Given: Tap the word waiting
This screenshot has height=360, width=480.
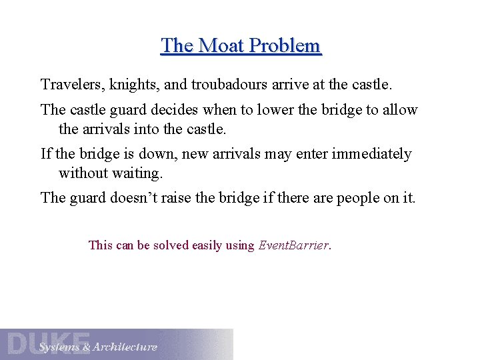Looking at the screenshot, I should (139, 173).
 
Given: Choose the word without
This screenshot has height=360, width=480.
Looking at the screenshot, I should (83, 173).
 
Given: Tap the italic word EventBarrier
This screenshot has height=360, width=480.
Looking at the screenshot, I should (294, 245).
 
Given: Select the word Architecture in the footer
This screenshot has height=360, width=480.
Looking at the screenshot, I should (125, 347).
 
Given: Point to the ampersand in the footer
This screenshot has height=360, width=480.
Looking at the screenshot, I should (85, 347).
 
